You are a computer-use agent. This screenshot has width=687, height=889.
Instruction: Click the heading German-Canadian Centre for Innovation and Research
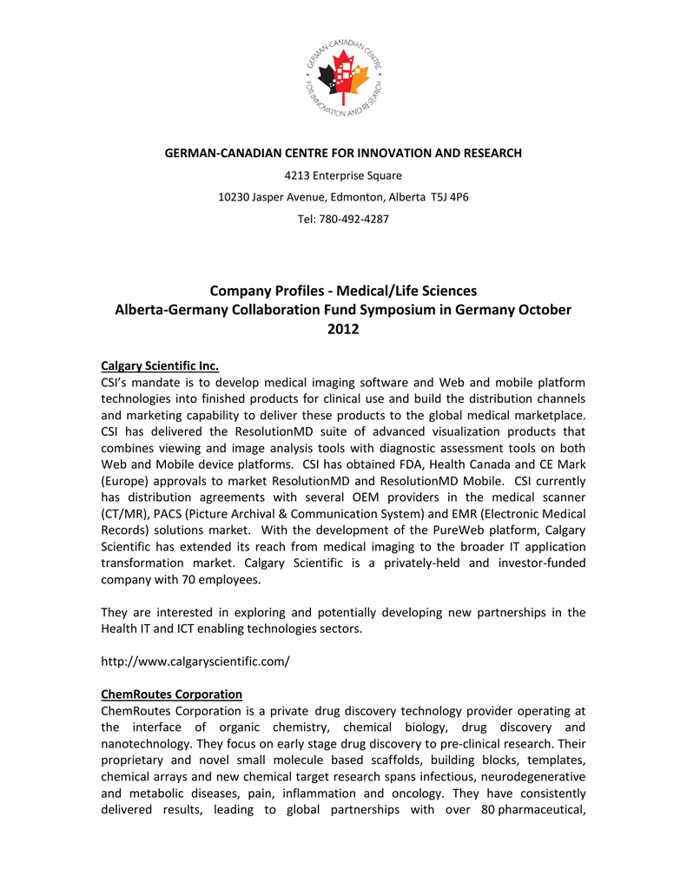coord(343,154)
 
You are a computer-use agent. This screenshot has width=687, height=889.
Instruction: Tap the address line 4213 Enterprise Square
coord(343,175)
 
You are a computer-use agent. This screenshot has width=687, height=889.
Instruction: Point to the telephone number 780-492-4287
coord(356,219)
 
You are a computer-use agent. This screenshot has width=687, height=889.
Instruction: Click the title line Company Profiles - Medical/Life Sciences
coord(343,291)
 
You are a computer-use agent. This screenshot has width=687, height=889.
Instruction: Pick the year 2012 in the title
coord(343,329)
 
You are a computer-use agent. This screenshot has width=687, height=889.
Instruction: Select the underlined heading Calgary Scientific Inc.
coord(161,365)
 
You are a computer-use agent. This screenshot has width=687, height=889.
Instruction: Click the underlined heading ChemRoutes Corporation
coord(171,695)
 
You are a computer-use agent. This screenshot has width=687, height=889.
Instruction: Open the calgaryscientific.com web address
coord(195,662)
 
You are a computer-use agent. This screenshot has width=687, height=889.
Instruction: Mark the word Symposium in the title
coord(385,310)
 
